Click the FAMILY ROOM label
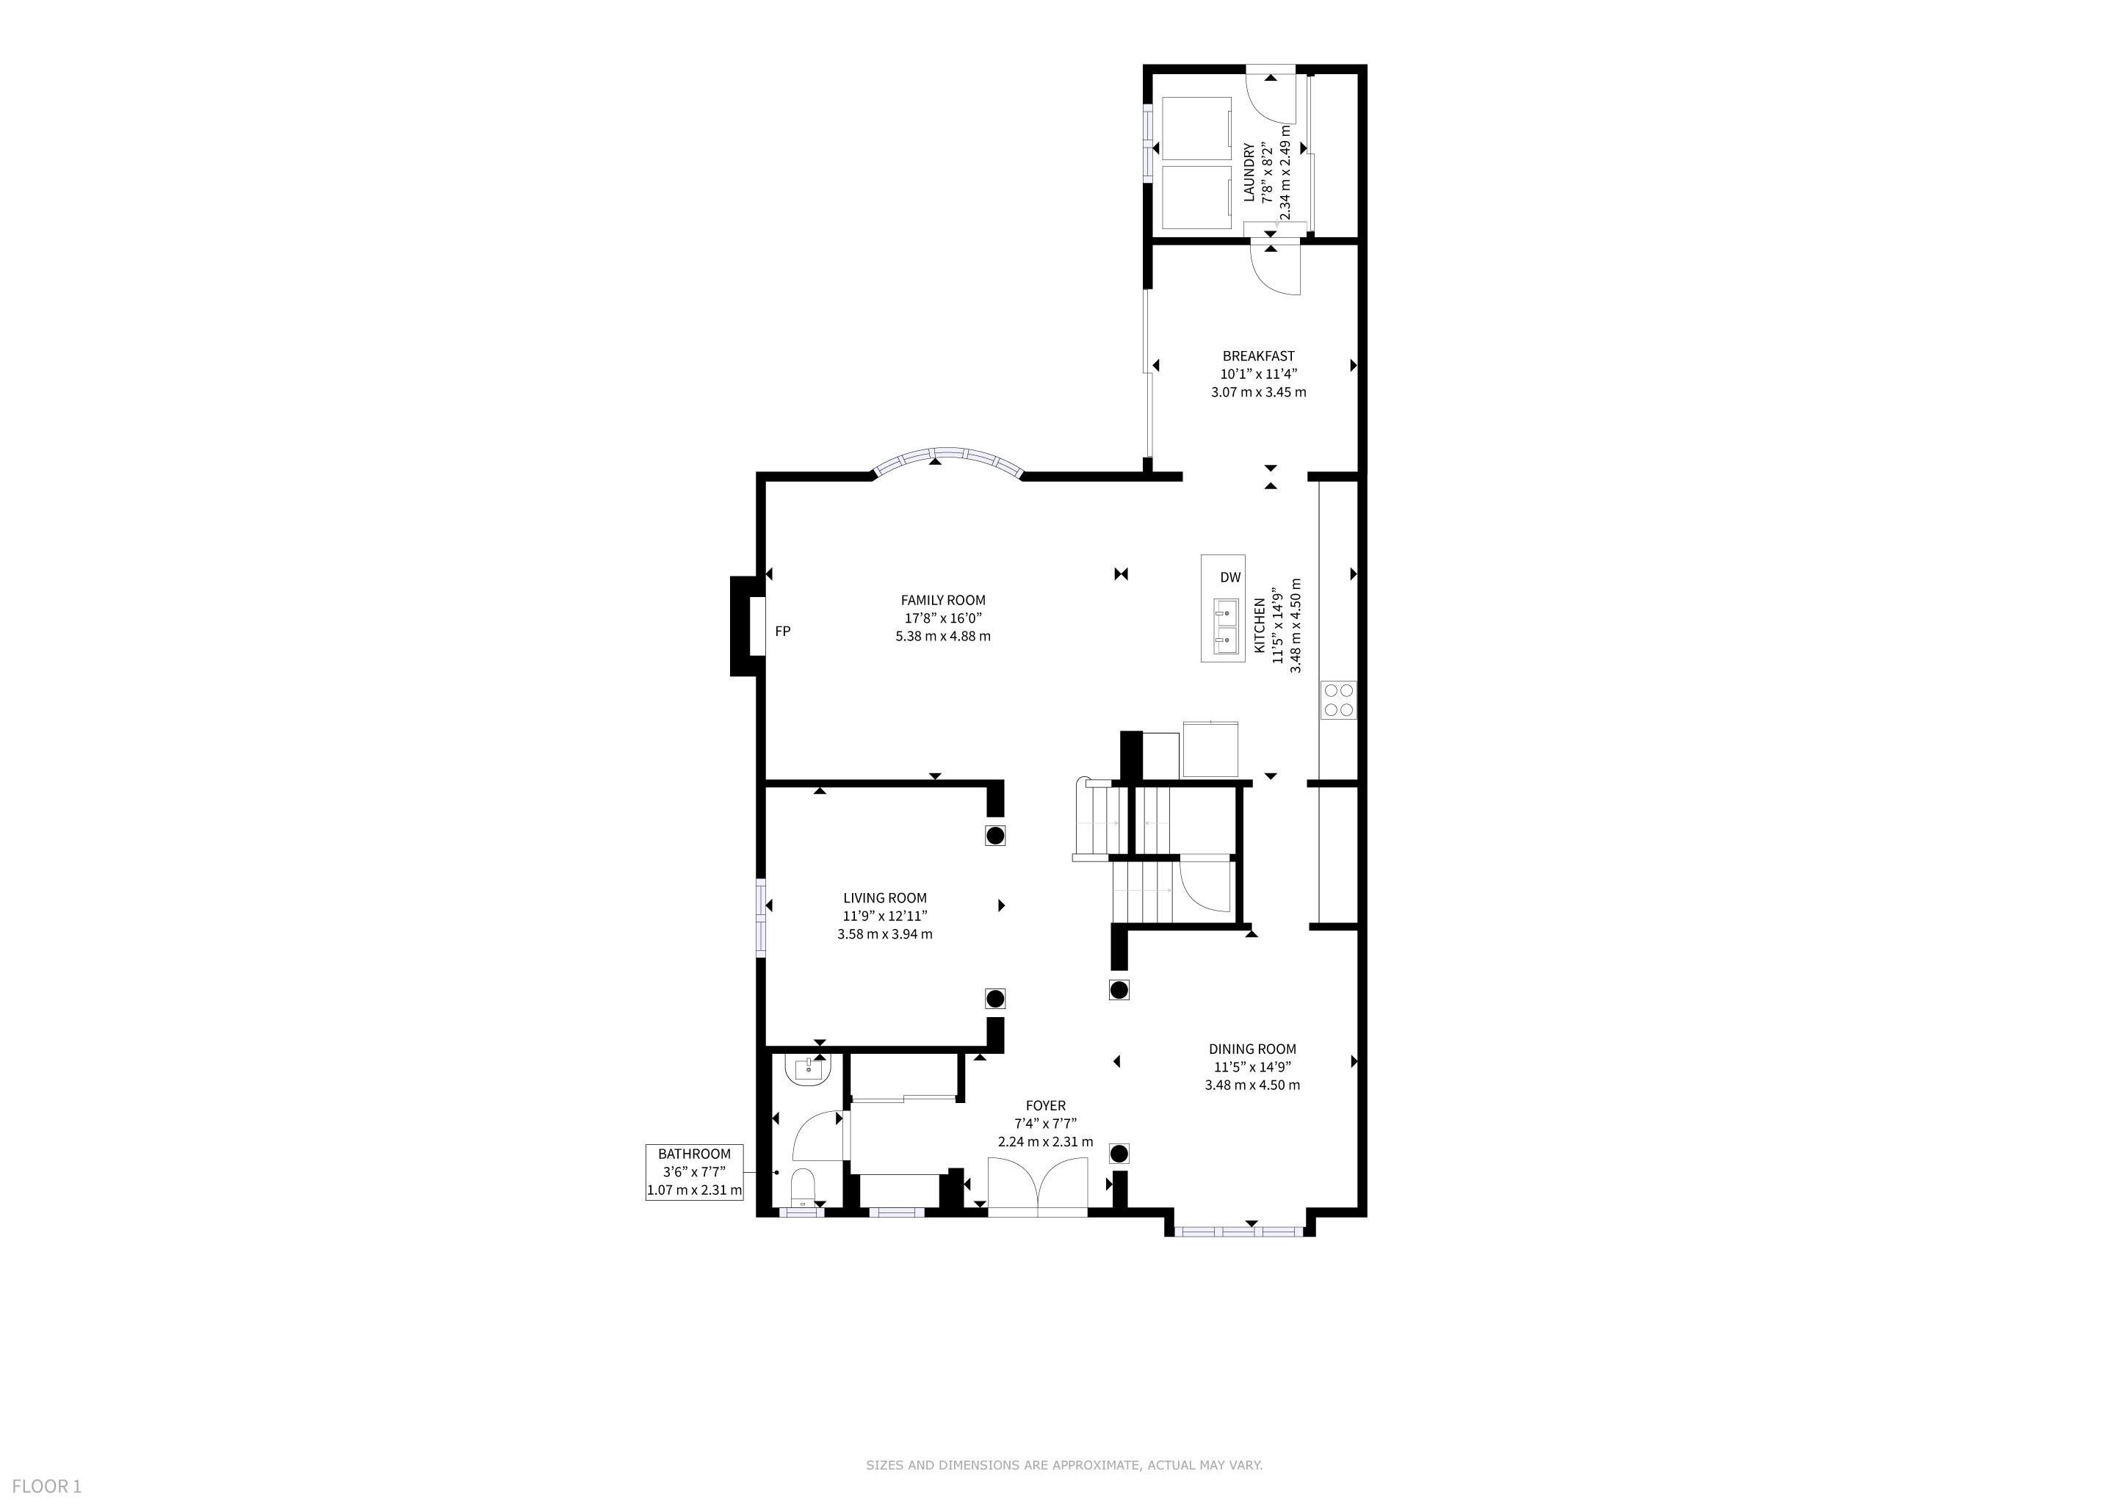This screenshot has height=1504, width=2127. [x=943, y=600]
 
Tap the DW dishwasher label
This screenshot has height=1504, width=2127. [x=1229, y=577]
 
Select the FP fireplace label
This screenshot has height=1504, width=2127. [x=783, y=631]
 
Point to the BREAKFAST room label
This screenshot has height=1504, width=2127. [x=1258, y=355]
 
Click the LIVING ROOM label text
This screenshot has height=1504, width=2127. [x=885, y=897]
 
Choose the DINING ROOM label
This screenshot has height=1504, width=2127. [x=1252, y=1049]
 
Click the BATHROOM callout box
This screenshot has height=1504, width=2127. [x=695, y=1171]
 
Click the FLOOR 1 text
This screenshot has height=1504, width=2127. [x=47, y=1486]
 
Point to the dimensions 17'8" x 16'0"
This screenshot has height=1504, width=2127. [x=943, y=618]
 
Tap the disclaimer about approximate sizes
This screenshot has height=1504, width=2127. [x=1063, y=1465]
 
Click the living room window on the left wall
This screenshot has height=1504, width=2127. [x=762, y=916]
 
